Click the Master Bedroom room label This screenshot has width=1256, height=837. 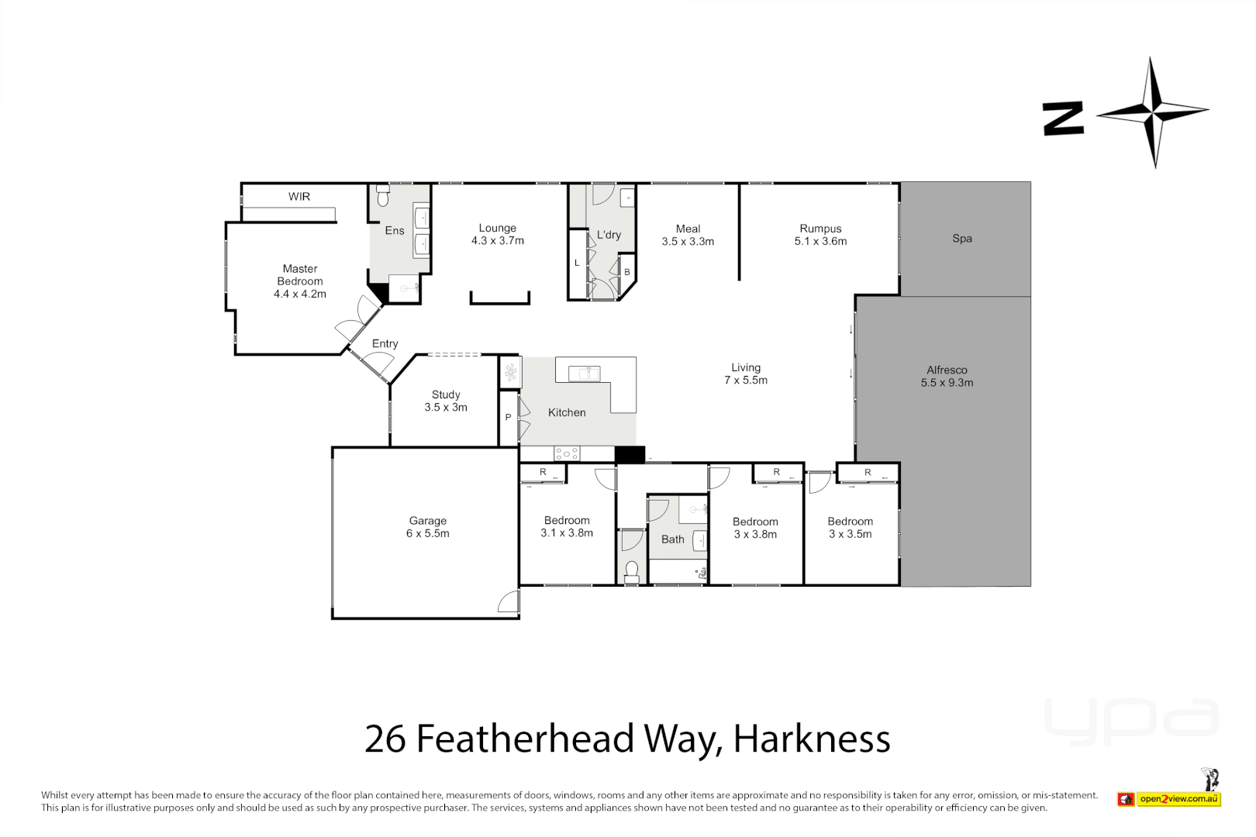coord(300,281)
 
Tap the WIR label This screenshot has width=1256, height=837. coord(299,197)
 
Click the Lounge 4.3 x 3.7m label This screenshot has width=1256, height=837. coord(498,235)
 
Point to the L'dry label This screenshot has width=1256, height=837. coord(609,235)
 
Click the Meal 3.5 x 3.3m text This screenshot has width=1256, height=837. coord(688,236)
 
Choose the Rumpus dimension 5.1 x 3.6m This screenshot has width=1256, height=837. coord(820,242)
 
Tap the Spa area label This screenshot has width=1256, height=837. coord(962,239)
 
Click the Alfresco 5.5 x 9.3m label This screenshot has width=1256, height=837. coord(947,377)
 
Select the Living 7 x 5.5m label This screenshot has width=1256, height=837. coord(746,374)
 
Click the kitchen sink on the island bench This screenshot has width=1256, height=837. coord(584,374)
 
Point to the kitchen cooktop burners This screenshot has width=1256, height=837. coord(567,454)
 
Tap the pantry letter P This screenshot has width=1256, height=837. coord(509,418)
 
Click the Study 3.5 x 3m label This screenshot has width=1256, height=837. coord(446,401)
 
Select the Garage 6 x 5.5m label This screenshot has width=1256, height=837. coord(428,528)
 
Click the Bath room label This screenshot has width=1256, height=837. coord(673,539)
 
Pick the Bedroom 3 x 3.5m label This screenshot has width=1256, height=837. coord(850,528)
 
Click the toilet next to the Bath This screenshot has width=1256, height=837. coord(632,572)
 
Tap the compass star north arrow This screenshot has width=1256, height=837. coord(1154,112)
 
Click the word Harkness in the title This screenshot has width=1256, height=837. coord(812,739)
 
